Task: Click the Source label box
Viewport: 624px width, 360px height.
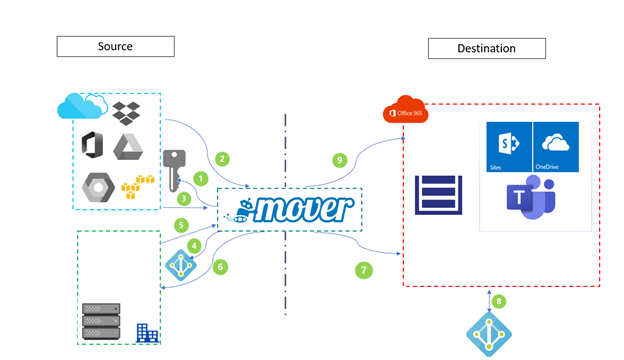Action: [x=115, y=46]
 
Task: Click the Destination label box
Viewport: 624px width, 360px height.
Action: [x=487, y=48]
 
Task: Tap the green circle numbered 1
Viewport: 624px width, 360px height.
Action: [x=199, y=178]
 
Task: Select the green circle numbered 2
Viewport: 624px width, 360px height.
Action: [x=222, y=158]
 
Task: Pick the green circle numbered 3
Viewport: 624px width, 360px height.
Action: [x=184, y=199]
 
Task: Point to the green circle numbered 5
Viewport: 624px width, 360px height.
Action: [x=182, y=225]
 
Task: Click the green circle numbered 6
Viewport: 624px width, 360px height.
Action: [x=221, y=267]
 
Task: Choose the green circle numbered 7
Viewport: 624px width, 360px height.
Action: [x=363, y=269]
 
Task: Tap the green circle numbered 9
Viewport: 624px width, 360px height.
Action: [x=339, y=158]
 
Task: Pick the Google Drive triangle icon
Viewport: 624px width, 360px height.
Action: [x=127, y=146]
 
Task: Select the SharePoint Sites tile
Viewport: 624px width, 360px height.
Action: [x=507, y=146]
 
